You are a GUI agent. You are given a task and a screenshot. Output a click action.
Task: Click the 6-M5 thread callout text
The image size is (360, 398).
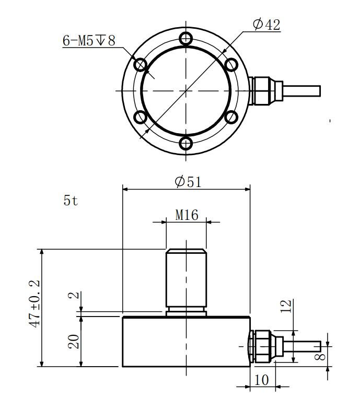click(x=89, y=41)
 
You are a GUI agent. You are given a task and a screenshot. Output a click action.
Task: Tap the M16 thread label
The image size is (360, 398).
click(x=187, y=215)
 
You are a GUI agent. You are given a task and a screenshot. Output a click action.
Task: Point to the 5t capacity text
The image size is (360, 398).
click(x=71, y=201)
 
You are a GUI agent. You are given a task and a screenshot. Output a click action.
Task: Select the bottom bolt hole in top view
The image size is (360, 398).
click(x=186, y=143)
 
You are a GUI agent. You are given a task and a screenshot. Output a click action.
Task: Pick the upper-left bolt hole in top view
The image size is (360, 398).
click(x=140, y=64)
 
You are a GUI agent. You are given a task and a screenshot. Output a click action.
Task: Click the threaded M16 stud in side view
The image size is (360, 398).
click(x=186, y=279)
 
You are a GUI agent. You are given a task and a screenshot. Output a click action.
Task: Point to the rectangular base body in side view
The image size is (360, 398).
click(x=186, y=342)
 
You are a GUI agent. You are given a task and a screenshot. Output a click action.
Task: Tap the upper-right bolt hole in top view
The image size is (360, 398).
click(x=231, y=64)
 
